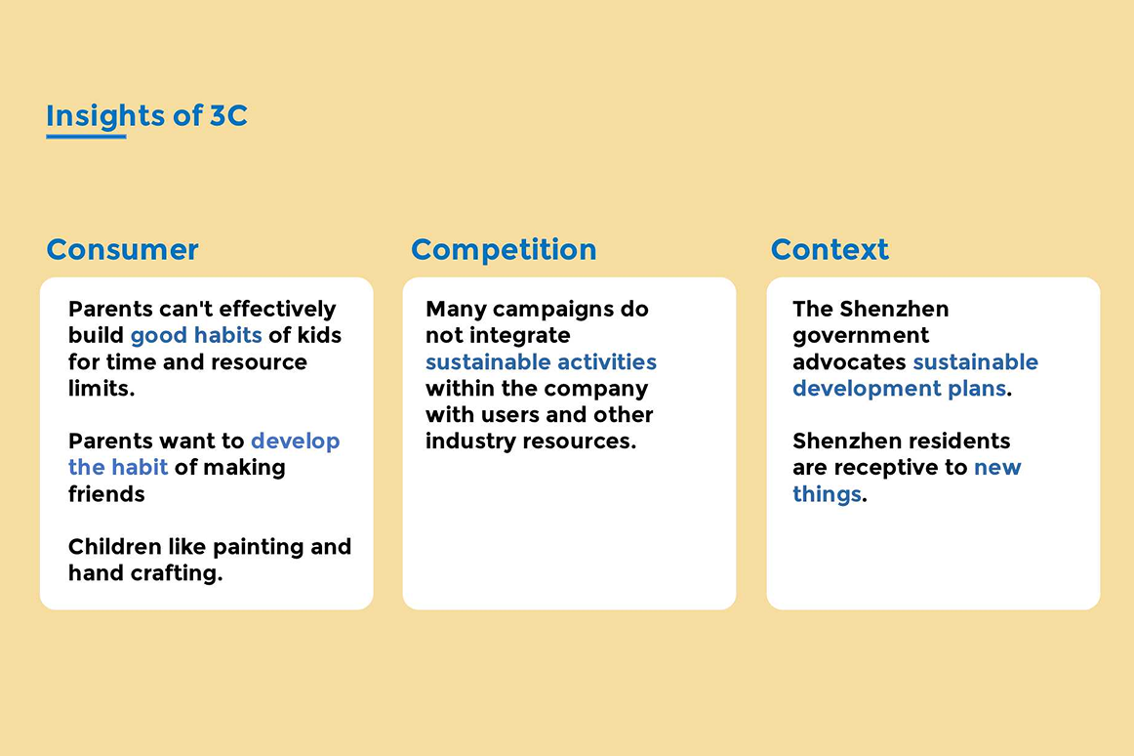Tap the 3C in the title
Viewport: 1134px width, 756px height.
tap(228, 116)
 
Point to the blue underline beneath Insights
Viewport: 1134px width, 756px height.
tap(86, 136)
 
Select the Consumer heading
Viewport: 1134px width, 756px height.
tap(122, 250)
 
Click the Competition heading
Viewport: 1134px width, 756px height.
tap(505, 250)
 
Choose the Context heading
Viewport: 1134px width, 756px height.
tap(830, 250)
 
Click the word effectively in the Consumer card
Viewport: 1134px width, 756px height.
tap(278, 310)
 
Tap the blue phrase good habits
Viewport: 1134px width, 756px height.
tap(196, 335)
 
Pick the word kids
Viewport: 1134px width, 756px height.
tap(319, 335)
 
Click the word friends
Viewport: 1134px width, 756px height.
tap(106, 494)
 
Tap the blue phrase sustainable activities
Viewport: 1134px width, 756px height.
tap(541, 362)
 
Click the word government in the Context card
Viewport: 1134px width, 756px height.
tap(861, 336)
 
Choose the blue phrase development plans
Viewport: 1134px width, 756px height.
tap(900, 388)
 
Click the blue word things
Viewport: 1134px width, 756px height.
tap(827, 494)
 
